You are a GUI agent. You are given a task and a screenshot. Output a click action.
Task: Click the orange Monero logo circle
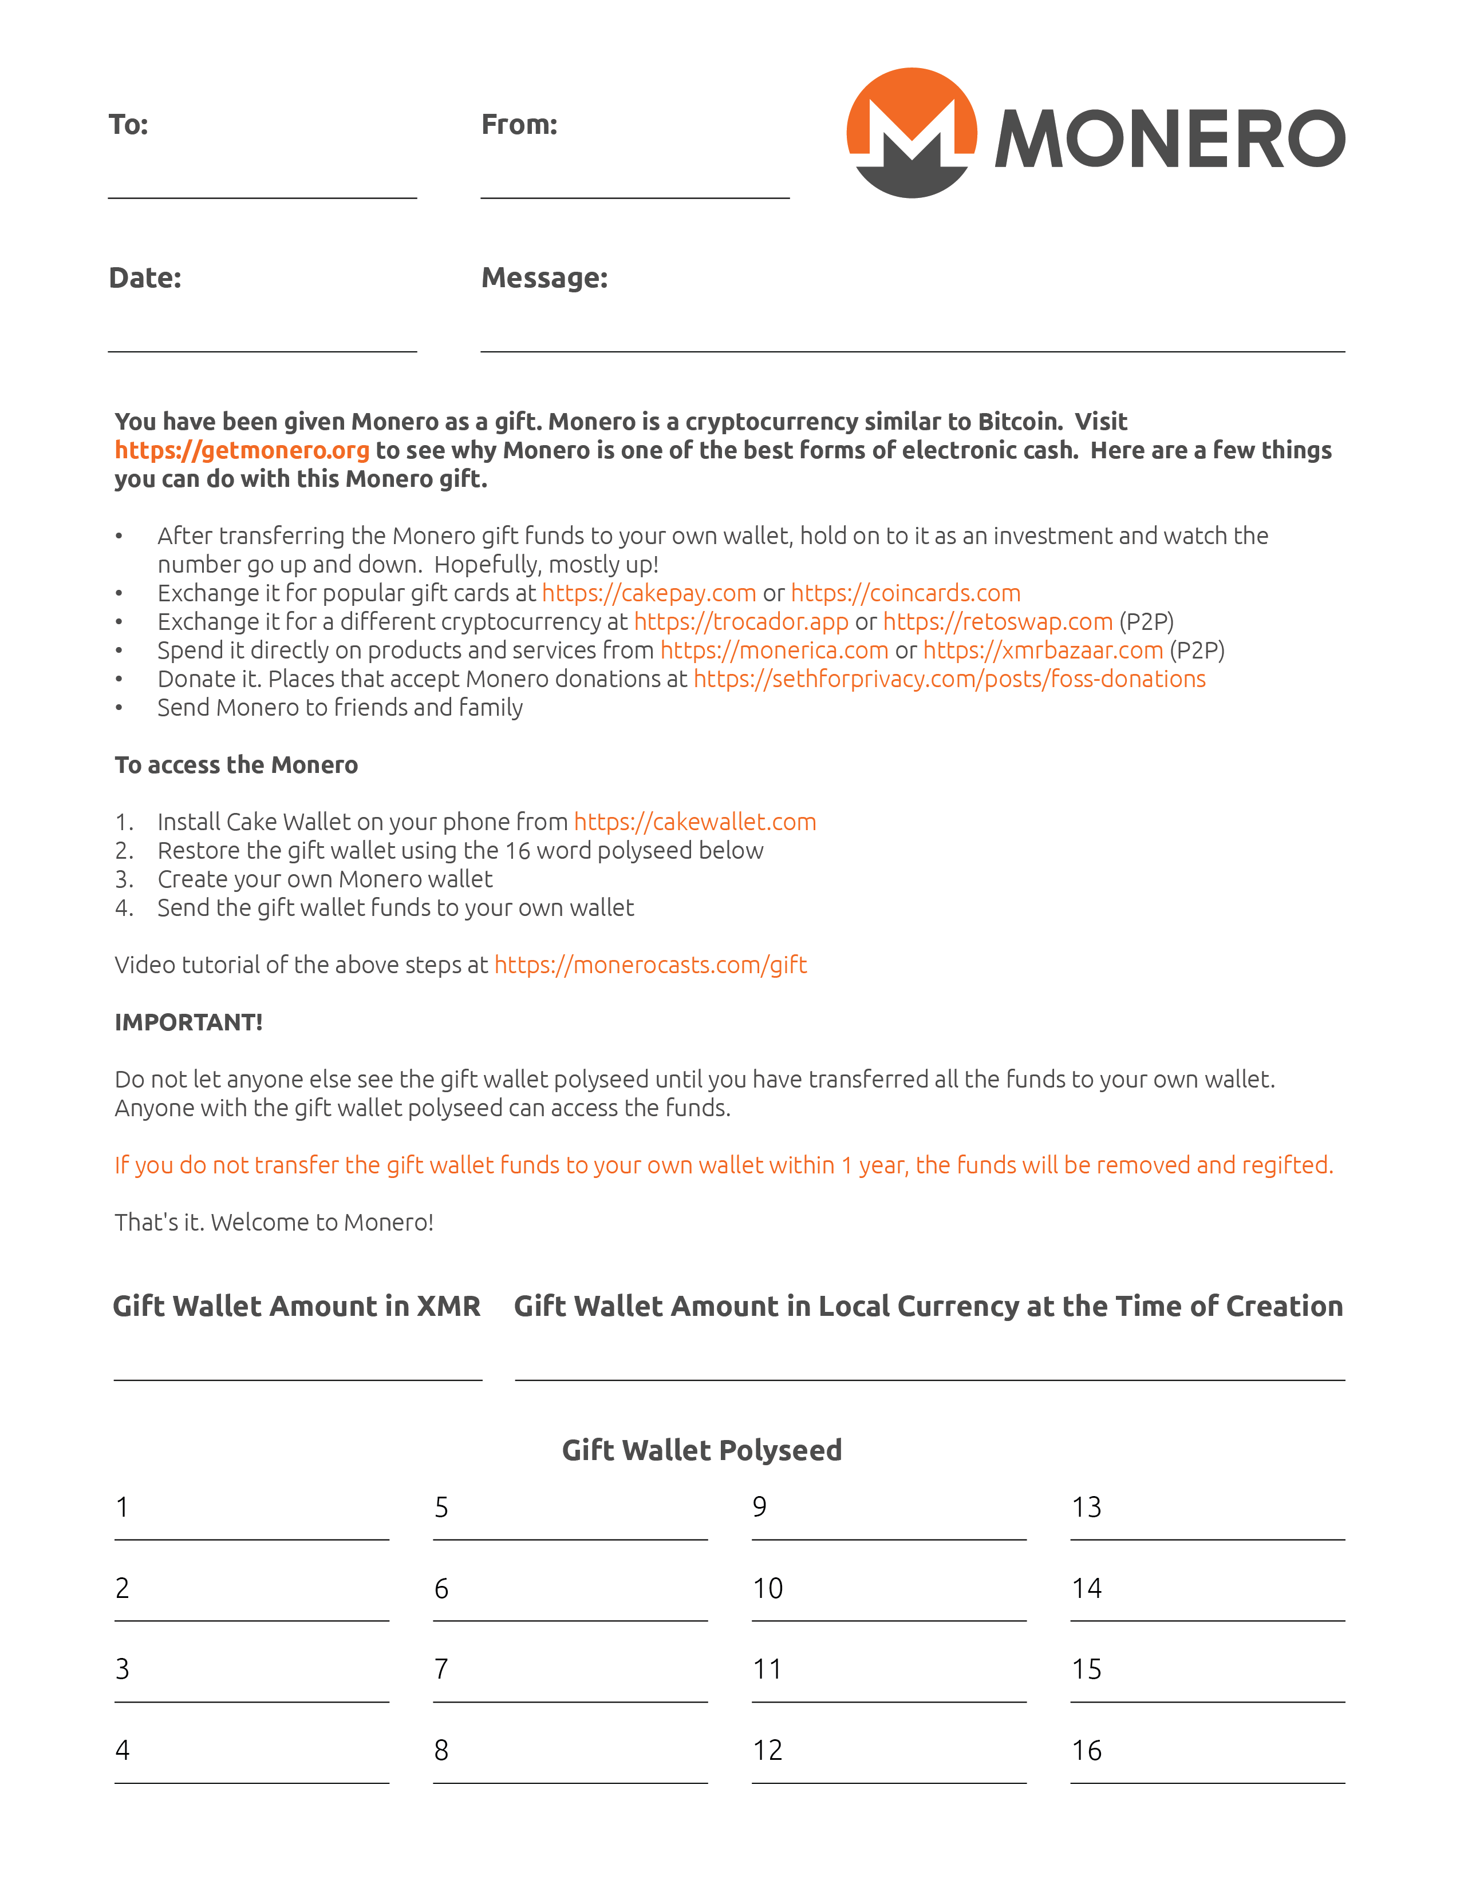point(911,132)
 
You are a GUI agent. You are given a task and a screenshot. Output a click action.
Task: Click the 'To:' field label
point(128,125)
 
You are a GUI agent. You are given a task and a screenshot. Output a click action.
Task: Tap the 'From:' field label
point(519,125)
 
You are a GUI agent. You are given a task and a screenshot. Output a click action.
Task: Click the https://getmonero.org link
point(242,450)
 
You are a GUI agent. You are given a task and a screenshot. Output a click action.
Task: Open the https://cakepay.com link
point(649,593)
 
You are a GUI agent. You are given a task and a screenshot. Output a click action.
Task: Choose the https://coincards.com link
point(906,593)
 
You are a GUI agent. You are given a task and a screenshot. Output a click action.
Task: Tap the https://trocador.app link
point(741,621)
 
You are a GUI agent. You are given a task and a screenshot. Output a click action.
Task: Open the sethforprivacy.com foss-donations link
point(949,679)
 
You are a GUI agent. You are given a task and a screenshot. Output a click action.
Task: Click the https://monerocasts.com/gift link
point(650,965)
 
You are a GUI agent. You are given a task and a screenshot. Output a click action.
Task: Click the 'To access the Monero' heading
point(236,765)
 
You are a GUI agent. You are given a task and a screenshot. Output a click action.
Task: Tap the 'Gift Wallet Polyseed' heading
point(701,1450)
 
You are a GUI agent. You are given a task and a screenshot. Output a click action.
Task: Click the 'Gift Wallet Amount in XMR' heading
point(297,1306)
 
